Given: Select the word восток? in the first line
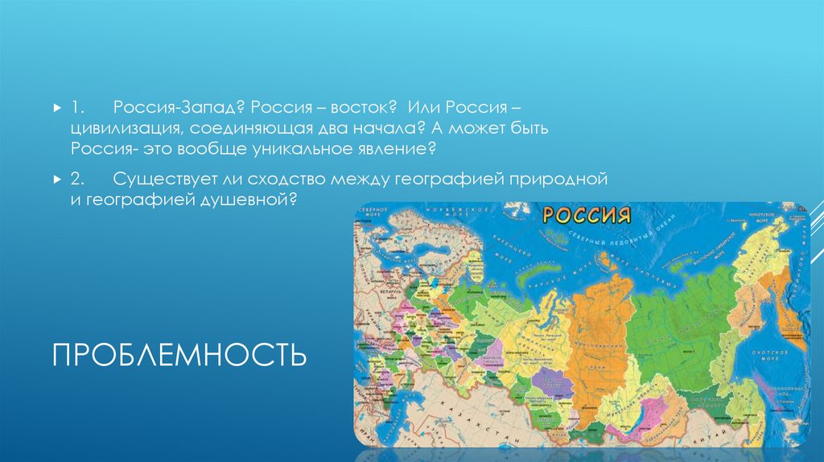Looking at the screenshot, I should coord(356,107).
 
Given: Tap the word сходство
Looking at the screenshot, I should coord(297,177).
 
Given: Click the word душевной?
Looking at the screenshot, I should coord(251,198).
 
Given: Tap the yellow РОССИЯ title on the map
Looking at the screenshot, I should coord(585,215).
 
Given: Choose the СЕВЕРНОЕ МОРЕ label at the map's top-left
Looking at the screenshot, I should coord(372,211).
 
